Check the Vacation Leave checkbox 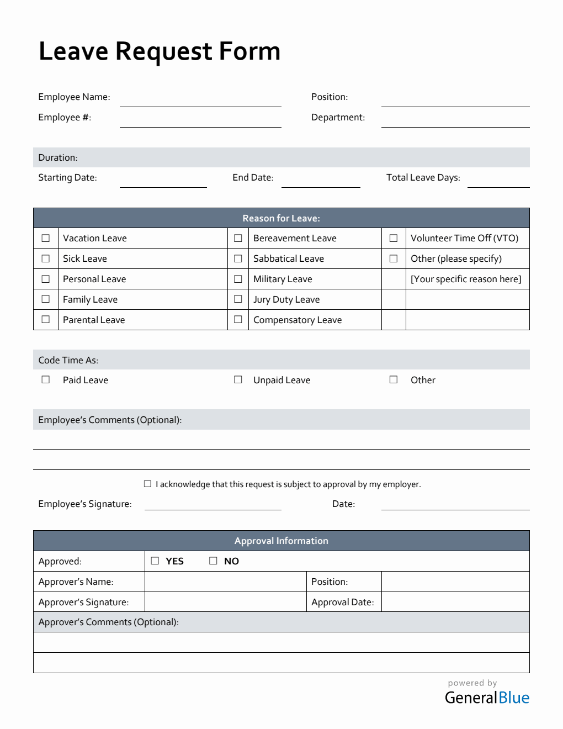[46, 238]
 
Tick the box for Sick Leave [46, 258]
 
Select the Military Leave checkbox [238, 279]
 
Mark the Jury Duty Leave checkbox [238, 299]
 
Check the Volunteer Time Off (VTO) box [394, 238]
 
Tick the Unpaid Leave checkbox [238, 379]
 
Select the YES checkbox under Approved [155, 561]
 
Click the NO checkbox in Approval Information [213, 561]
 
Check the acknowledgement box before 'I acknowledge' [147, 484]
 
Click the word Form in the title [249, 51]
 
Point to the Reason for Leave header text [281, 218]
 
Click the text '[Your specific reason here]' [466, 279]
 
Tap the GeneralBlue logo [487, 698]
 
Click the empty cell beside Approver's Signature [225, 601]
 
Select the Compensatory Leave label [298, 320]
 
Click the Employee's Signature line [213, 504]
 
